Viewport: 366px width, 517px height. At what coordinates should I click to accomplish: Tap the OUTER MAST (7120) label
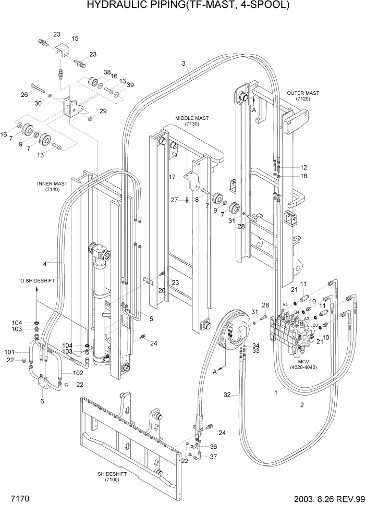[303, 95]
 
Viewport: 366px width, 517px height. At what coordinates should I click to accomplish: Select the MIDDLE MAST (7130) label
[192, 121]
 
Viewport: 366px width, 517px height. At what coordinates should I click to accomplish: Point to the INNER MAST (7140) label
[52, 187]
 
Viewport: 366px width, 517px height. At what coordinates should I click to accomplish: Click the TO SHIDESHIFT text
[36, 280]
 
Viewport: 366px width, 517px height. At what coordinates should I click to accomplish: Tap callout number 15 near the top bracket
[75, 38]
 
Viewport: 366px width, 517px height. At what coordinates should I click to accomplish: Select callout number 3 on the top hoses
[184, 64]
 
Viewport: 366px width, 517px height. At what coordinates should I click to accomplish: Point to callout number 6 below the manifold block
[42, 401]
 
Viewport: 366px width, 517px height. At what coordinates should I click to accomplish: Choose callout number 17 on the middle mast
[172, 177]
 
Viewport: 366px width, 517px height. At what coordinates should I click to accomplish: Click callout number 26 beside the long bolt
[24, 94]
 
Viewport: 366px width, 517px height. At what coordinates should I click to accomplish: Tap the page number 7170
[18, 499]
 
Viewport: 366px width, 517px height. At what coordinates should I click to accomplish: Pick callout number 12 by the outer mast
[303, 167]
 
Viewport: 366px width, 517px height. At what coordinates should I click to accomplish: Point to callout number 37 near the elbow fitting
[213, 457]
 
